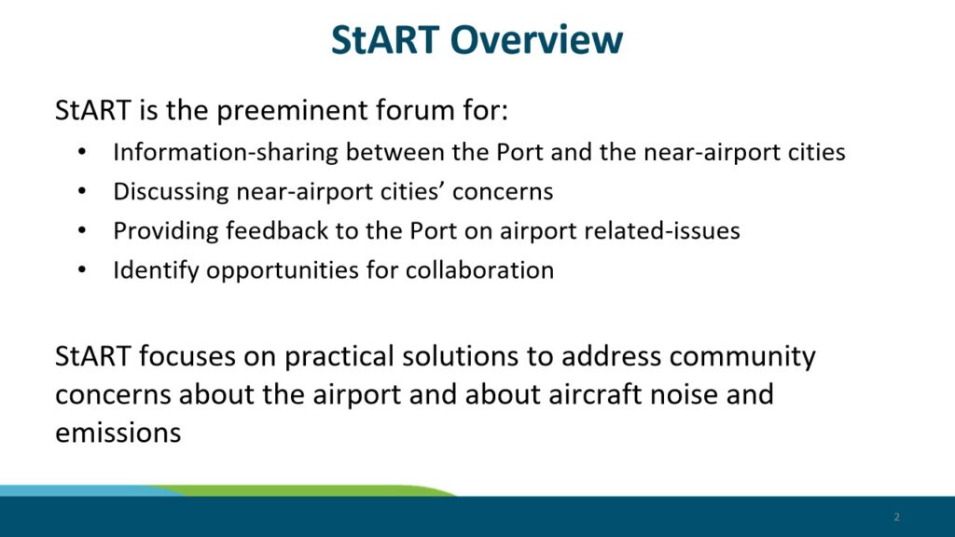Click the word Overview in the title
click(x=536, y=40)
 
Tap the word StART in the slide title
click(x=385, y=40)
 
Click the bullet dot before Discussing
click(x=82, y=191)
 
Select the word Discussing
click(x=171, y=192)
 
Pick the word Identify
click(x=156, y=270)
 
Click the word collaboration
click(x=480, y=270)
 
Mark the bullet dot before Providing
click(x=82, y=231)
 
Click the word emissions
click(x=118, y=433)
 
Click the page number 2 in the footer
click(x=896, y=516)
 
